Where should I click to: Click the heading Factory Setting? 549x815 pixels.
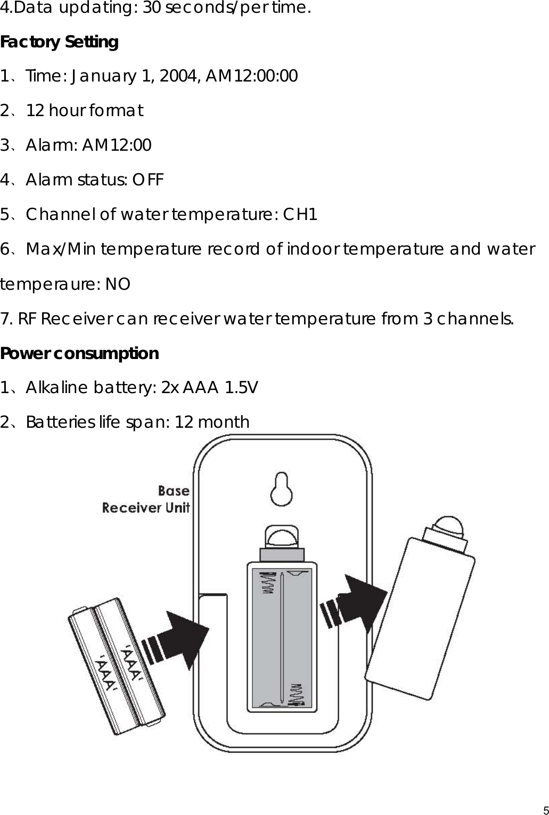pyautogui.click(x=59, y=42)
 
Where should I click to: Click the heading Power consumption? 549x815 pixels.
pyautogui.click(x=79, y=354)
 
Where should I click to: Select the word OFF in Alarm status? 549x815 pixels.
pyautogui.click(x=148, y=180)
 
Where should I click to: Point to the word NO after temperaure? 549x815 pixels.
pyautogui.click(x=117, y=284)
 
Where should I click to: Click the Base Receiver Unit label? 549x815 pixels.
pyautogui.click(x=146, y=499)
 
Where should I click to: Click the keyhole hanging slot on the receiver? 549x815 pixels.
pyautogui.click(x=282, y=488)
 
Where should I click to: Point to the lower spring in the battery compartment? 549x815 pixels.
pyautogui.click(x=296, y=694)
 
